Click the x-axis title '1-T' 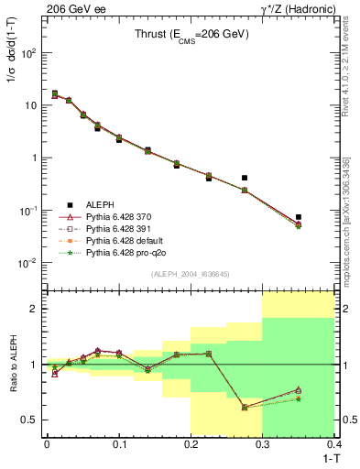(x=326, y=457)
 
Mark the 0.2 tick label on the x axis (x=191, y=443)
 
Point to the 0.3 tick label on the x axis (x=263, y=443)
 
